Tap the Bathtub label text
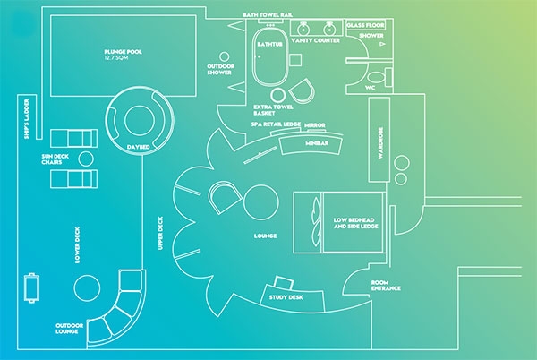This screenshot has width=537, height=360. (x=269, y=41)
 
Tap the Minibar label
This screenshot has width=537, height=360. (x=316, y=142)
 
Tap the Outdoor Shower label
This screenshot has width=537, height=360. (x=219, y=69)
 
